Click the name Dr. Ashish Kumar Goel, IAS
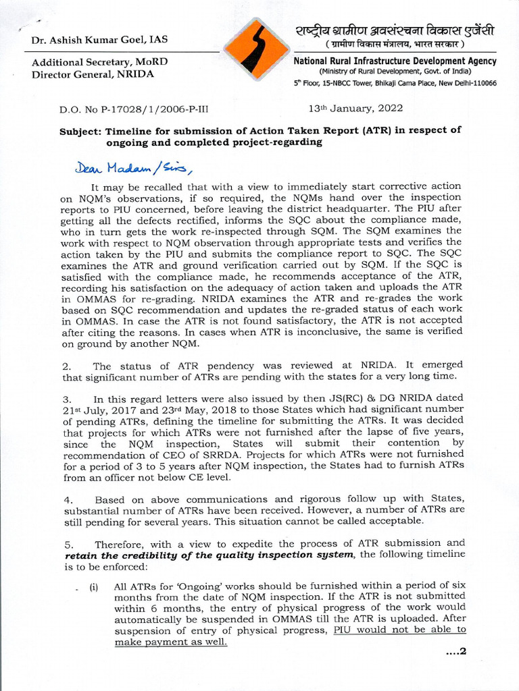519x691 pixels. click(100, 40)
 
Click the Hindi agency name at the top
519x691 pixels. click(395, 32)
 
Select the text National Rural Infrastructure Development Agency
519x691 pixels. click(395, 61)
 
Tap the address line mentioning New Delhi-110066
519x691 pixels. click(395, 83)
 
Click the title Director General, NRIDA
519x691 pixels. click(93, 74)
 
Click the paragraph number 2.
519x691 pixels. click(66, 366)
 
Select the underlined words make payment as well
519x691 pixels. click(171, 642)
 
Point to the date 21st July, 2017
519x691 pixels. click(97, 410)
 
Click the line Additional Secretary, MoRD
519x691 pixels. click(100, 62)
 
